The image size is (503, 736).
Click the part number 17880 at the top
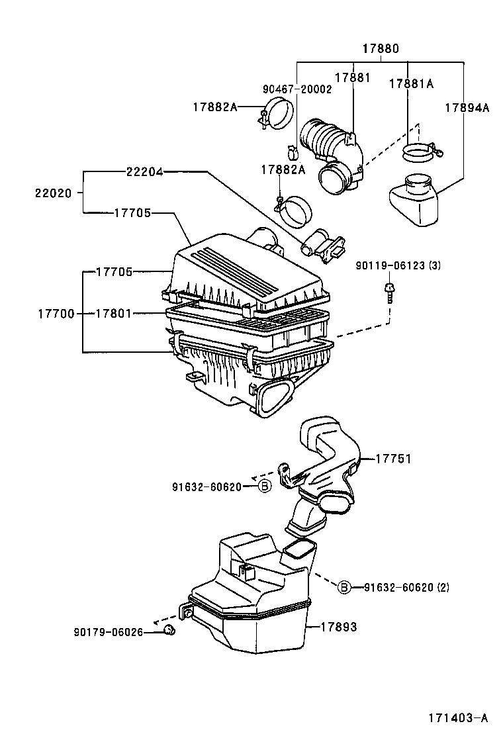pos(381,48)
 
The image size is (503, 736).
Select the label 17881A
pos(410,83)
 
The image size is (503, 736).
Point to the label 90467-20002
pos(297,89)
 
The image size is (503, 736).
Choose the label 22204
pos(144,171)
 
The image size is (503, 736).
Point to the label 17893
pos(339,626)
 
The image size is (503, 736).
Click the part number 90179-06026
pos(108,631)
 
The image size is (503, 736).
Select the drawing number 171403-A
pos(457,717)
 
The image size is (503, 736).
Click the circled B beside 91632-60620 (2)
pos(345,587)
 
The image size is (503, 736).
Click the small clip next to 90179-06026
pos(169,629)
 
